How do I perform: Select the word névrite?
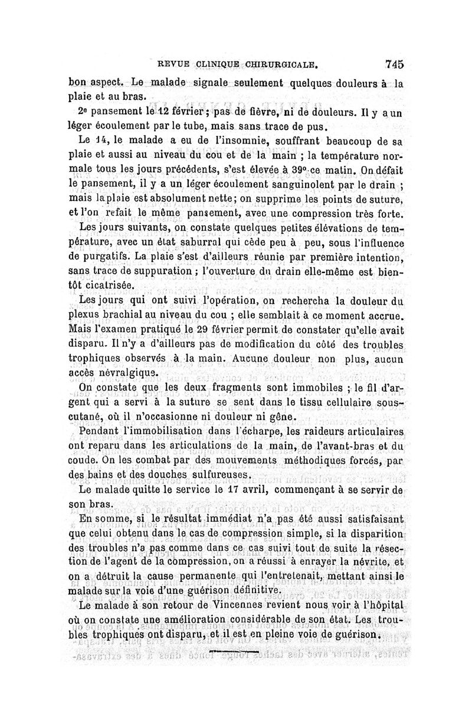click(368, 562)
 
